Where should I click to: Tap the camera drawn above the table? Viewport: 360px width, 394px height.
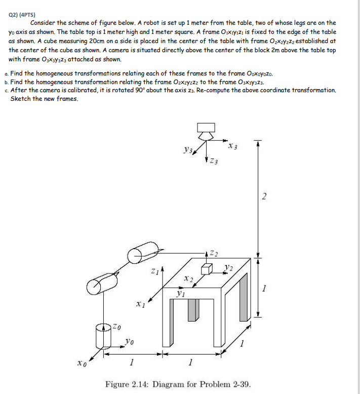coord(206,131)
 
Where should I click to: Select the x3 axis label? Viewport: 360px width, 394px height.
coord(232,146)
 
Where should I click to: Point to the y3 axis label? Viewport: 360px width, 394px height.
coord(188,150)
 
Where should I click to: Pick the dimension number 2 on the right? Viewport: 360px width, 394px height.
coord(263,197)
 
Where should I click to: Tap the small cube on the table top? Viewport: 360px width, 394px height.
coord(207,269)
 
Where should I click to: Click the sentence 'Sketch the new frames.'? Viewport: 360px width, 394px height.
coord(45,98)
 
